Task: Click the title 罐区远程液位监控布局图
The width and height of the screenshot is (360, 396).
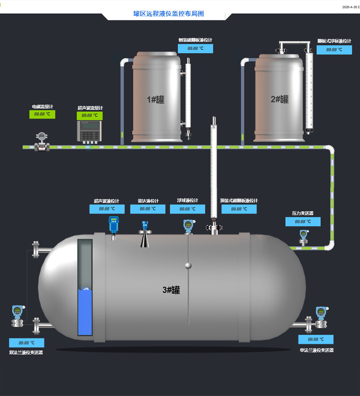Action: pos(168,14)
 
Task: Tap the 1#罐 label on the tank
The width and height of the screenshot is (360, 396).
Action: pos(156,100)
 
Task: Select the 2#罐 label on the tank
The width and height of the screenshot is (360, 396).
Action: pos(280,99)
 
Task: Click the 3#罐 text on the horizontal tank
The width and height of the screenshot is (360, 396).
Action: pos(171,290)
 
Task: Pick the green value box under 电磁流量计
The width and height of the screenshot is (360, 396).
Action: pos(42,114)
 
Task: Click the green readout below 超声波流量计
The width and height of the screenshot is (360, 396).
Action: pos(90,116)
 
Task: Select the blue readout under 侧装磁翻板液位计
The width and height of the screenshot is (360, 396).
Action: pos(195,48)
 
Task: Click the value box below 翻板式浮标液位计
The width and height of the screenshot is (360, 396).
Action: pos(334,50)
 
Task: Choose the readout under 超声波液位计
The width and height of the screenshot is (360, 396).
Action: pos(107,209)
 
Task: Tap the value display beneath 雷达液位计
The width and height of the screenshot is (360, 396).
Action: pos(148,209)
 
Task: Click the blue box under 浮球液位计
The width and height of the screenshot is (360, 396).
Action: pos(188,209)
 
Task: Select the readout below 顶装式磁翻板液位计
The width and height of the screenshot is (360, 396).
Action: pos(239,209)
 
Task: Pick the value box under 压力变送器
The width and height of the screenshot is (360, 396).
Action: pos(303,222)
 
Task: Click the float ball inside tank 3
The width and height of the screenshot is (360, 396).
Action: pos(188,266)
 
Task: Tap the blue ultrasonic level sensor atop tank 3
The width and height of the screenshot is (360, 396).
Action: pos(114,225)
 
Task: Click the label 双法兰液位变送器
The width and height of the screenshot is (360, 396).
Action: pos(26,352)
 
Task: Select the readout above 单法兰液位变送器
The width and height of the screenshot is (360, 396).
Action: pos(316,339)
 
